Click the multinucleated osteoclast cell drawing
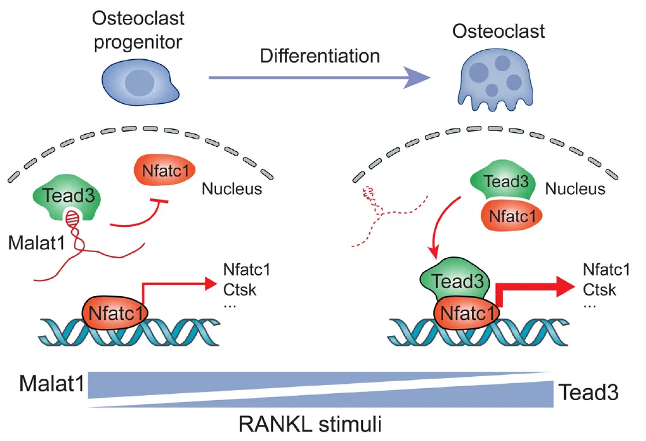pyautogui.click(x=495, y=81)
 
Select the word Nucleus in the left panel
pyautogui.click(x=232, y=188)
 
